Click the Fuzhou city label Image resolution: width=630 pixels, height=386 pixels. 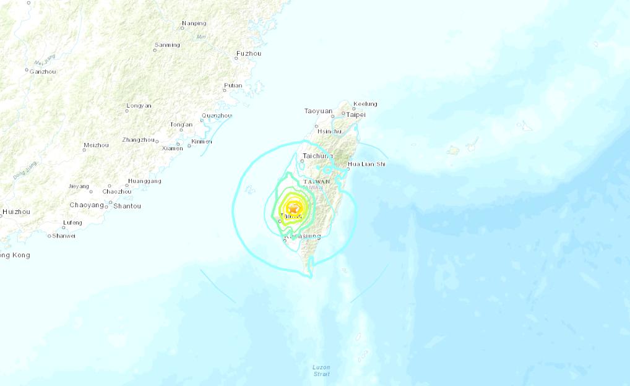pos(249,54)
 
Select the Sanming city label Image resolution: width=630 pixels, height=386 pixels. pos(167,45)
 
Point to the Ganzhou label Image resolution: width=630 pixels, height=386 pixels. pos(43,72)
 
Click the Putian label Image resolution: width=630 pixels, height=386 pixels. pos(233,85)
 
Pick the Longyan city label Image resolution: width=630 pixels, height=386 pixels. pos(139,106)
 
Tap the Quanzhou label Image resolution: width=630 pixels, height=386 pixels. pos(217,116)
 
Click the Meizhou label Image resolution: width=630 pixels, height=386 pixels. pos(96,145)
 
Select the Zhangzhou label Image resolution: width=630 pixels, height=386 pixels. pos(138,140)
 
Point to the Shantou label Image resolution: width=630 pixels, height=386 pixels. pos(127,206)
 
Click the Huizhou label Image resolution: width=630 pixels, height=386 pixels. pos(16,212)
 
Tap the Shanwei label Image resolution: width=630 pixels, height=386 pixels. pos(64,236)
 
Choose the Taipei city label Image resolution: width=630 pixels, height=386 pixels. pos(356,114)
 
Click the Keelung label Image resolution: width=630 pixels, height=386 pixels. pos(365,104)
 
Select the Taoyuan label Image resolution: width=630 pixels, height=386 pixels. pos(318,111)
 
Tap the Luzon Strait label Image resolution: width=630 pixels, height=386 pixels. pos(321,371)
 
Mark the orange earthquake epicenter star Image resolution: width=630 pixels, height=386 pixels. pos(293,209)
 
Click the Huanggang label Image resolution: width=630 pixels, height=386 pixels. pos(144,181)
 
